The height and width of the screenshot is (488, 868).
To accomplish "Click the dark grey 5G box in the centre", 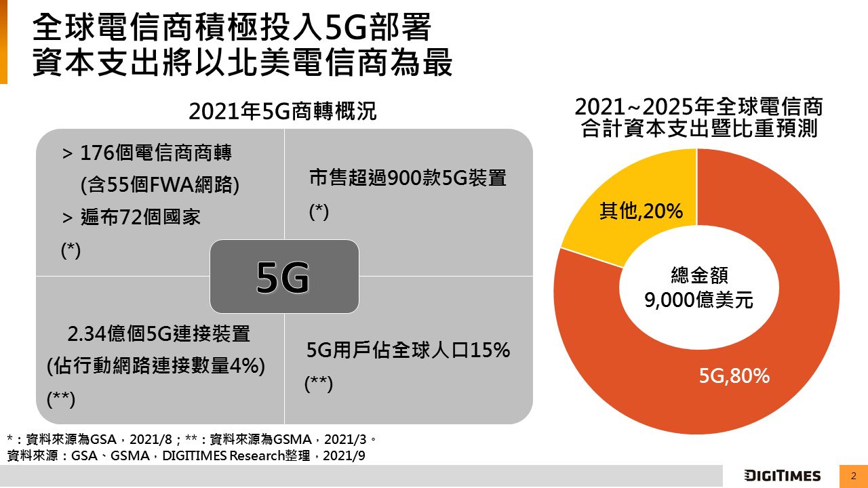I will coord(284,277).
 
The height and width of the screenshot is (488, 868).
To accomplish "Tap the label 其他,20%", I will coord(640,212).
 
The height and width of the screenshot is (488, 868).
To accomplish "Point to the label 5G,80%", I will coord(734,375).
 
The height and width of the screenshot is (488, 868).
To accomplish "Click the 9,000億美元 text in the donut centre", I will coord(698,300).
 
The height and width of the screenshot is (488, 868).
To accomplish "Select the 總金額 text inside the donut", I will coord(698,275).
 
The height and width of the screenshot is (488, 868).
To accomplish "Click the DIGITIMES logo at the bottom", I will coord(782,475).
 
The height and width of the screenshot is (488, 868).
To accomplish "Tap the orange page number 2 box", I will coord(854,475).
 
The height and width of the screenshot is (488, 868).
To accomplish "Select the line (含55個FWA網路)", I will coord(159,184).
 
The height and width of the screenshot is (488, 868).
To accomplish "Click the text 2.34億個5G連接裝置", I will coord(159,333).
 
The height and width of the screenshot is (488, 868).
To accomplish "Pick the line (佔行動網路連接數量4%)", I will coord(156,366).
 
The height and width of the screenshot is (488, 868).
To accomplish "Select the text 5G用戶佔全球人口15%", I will coord(408,350).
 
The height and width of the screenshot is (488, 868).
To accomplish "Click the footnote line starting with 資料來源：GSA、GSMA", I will coord(186,455).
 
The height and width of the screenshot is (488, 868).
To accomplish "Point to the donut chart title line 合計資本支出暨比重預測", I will coord(698,129).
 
